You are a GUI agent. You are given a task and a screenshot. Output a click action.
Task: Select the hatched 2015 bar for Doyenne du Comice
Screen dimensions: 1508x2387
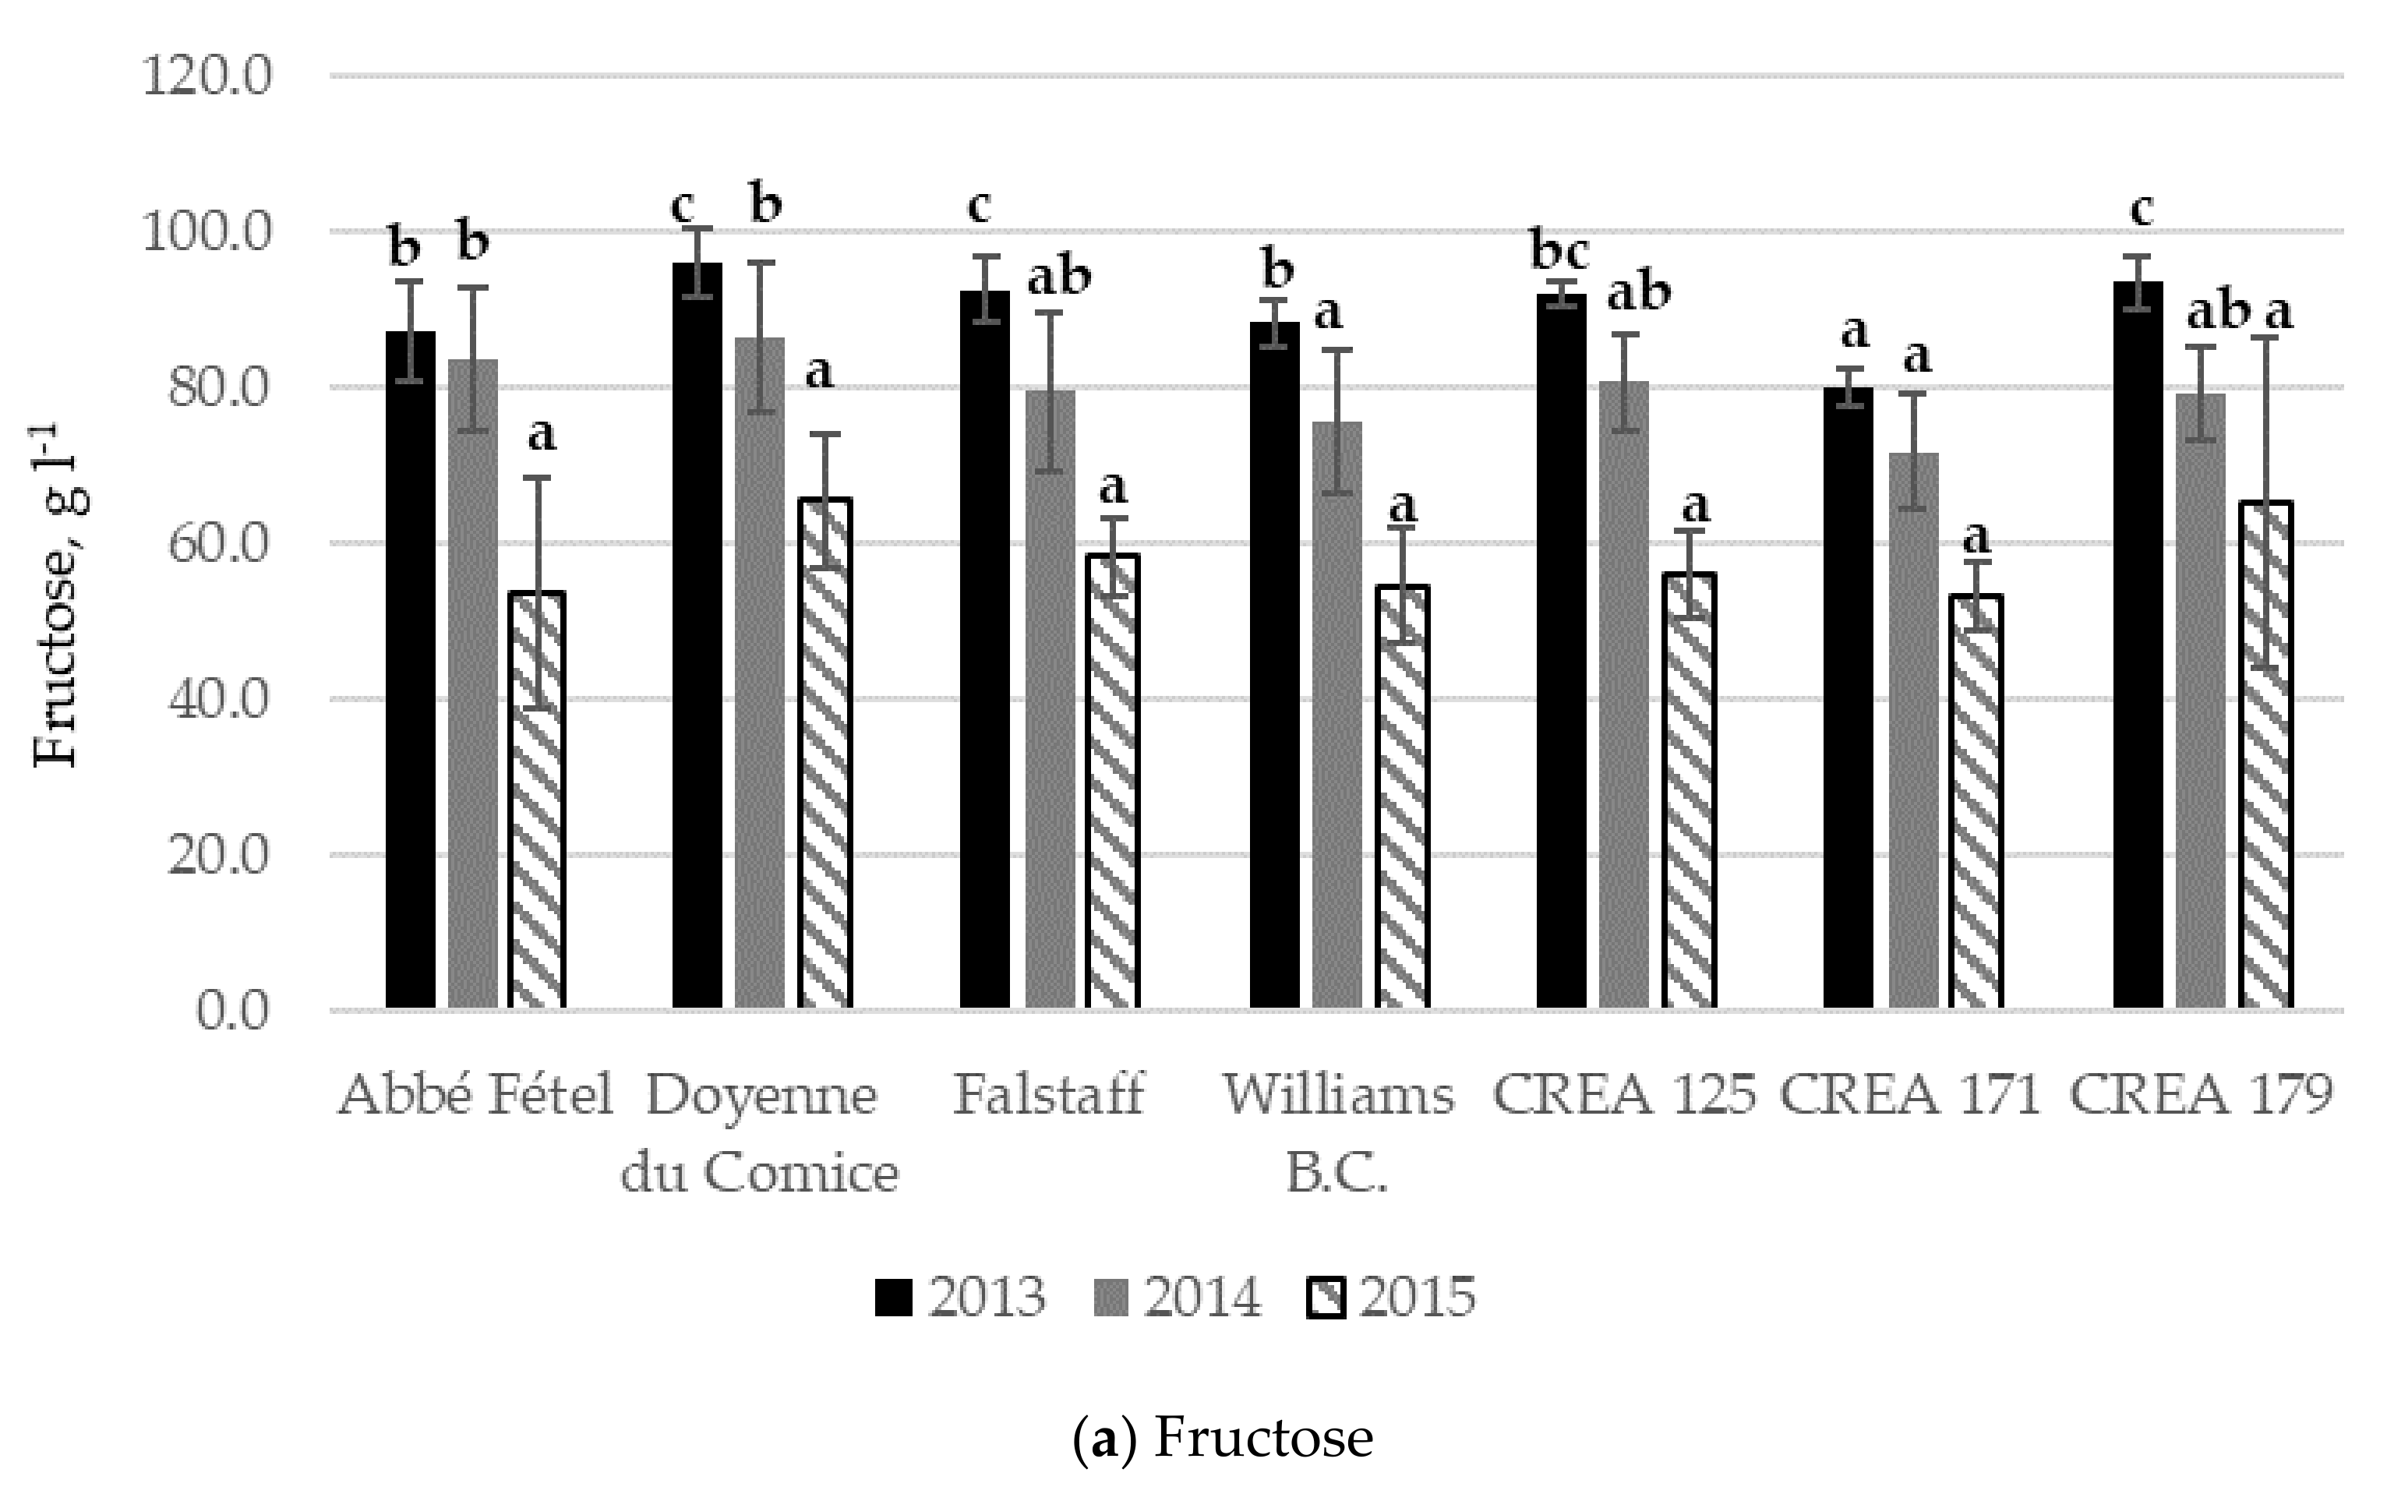(x=825, y=754)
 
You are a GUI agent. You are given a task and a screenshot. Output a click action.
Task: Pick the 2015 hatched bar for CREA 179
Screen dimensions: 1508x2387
(x=2266, y=754)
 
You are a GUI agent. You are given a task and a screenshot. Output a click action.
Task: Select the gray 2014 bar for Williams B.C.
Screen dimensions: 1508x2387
(x=1337, y=714)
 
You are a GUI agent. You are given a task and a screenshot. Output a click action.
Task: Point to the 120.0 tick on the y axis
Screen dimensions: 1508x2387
(x=207, y=76)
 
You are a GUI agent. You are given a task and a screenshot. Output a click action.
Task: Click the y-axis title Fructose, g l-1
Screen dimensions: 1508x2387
(x=58, y=595)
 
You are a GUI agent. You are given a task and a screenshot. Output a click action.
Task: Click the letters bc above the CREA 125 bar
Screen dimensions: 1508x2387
(x=1559, y=250)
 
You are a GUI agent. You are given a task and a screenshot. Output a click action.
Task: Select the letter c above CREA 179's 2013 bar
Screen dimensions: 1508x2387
(x=2142, y=209)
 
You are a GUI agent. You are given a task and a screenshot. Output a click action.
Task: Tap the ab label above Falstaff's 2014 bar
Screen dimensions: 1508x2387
(x=1059, y=277)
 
